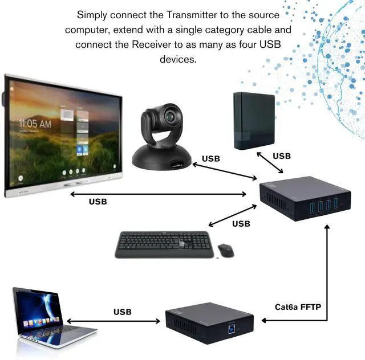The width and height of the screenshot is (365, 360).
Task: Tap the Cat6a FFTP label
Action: point(298,308)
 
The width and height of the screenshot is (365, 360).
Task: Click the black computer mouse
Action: point(225,249)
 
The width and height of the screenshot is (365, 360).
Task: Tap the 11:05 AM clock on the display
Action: point(35,123)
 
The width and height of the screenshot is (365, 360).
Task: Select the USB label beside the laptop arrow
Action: point(122,312)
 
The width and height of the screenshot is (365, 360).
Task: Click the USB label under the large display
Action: point(98,201)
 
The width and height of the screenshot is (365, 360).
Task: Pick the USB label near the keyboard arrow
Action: point(241,224)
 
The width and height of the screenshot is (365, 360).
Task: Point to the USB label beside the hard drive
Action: point(282,156)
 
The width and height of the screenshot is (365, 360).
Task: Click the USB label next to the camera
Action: point(211,158)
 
